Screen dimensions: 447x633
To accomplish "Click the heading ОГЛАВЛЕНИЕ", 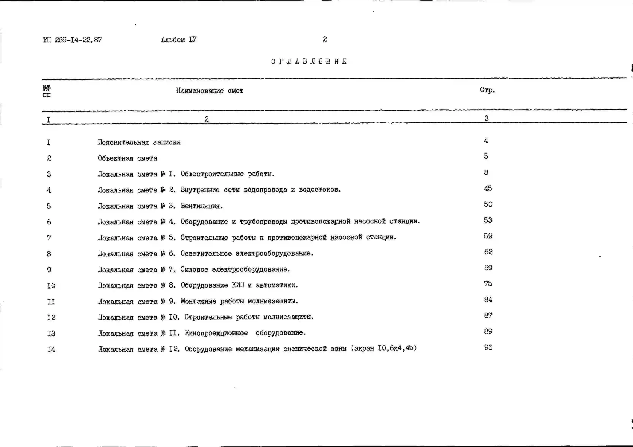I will point(309,61).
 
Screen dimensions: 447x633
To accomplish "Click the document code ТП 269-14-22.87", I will point(72,40).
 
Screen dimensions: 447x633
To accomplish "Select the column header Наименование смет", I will point(209,91).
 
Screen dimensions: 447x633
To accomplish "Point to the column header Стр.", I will point(487,90).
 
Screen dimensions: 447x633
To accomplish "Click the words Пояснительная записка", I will point(139,142).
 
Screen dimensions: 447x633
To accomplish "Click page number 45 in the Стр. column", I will point(488,188).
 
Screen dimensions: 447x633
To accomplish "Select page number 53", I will point(488,220).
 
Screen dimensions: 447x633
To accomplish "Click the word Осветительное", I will point(206,253).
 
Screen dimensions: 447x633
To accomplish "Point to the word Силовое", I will point(194,269).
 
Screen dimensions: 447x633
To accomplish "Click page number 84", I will point(488,300).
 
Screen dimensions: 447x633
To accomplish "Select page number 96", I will point(488,347).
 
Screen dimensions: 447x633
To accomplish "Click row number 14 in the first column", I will point(51,350).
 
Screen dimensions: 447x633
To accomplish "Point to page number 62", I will point(488,252).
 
